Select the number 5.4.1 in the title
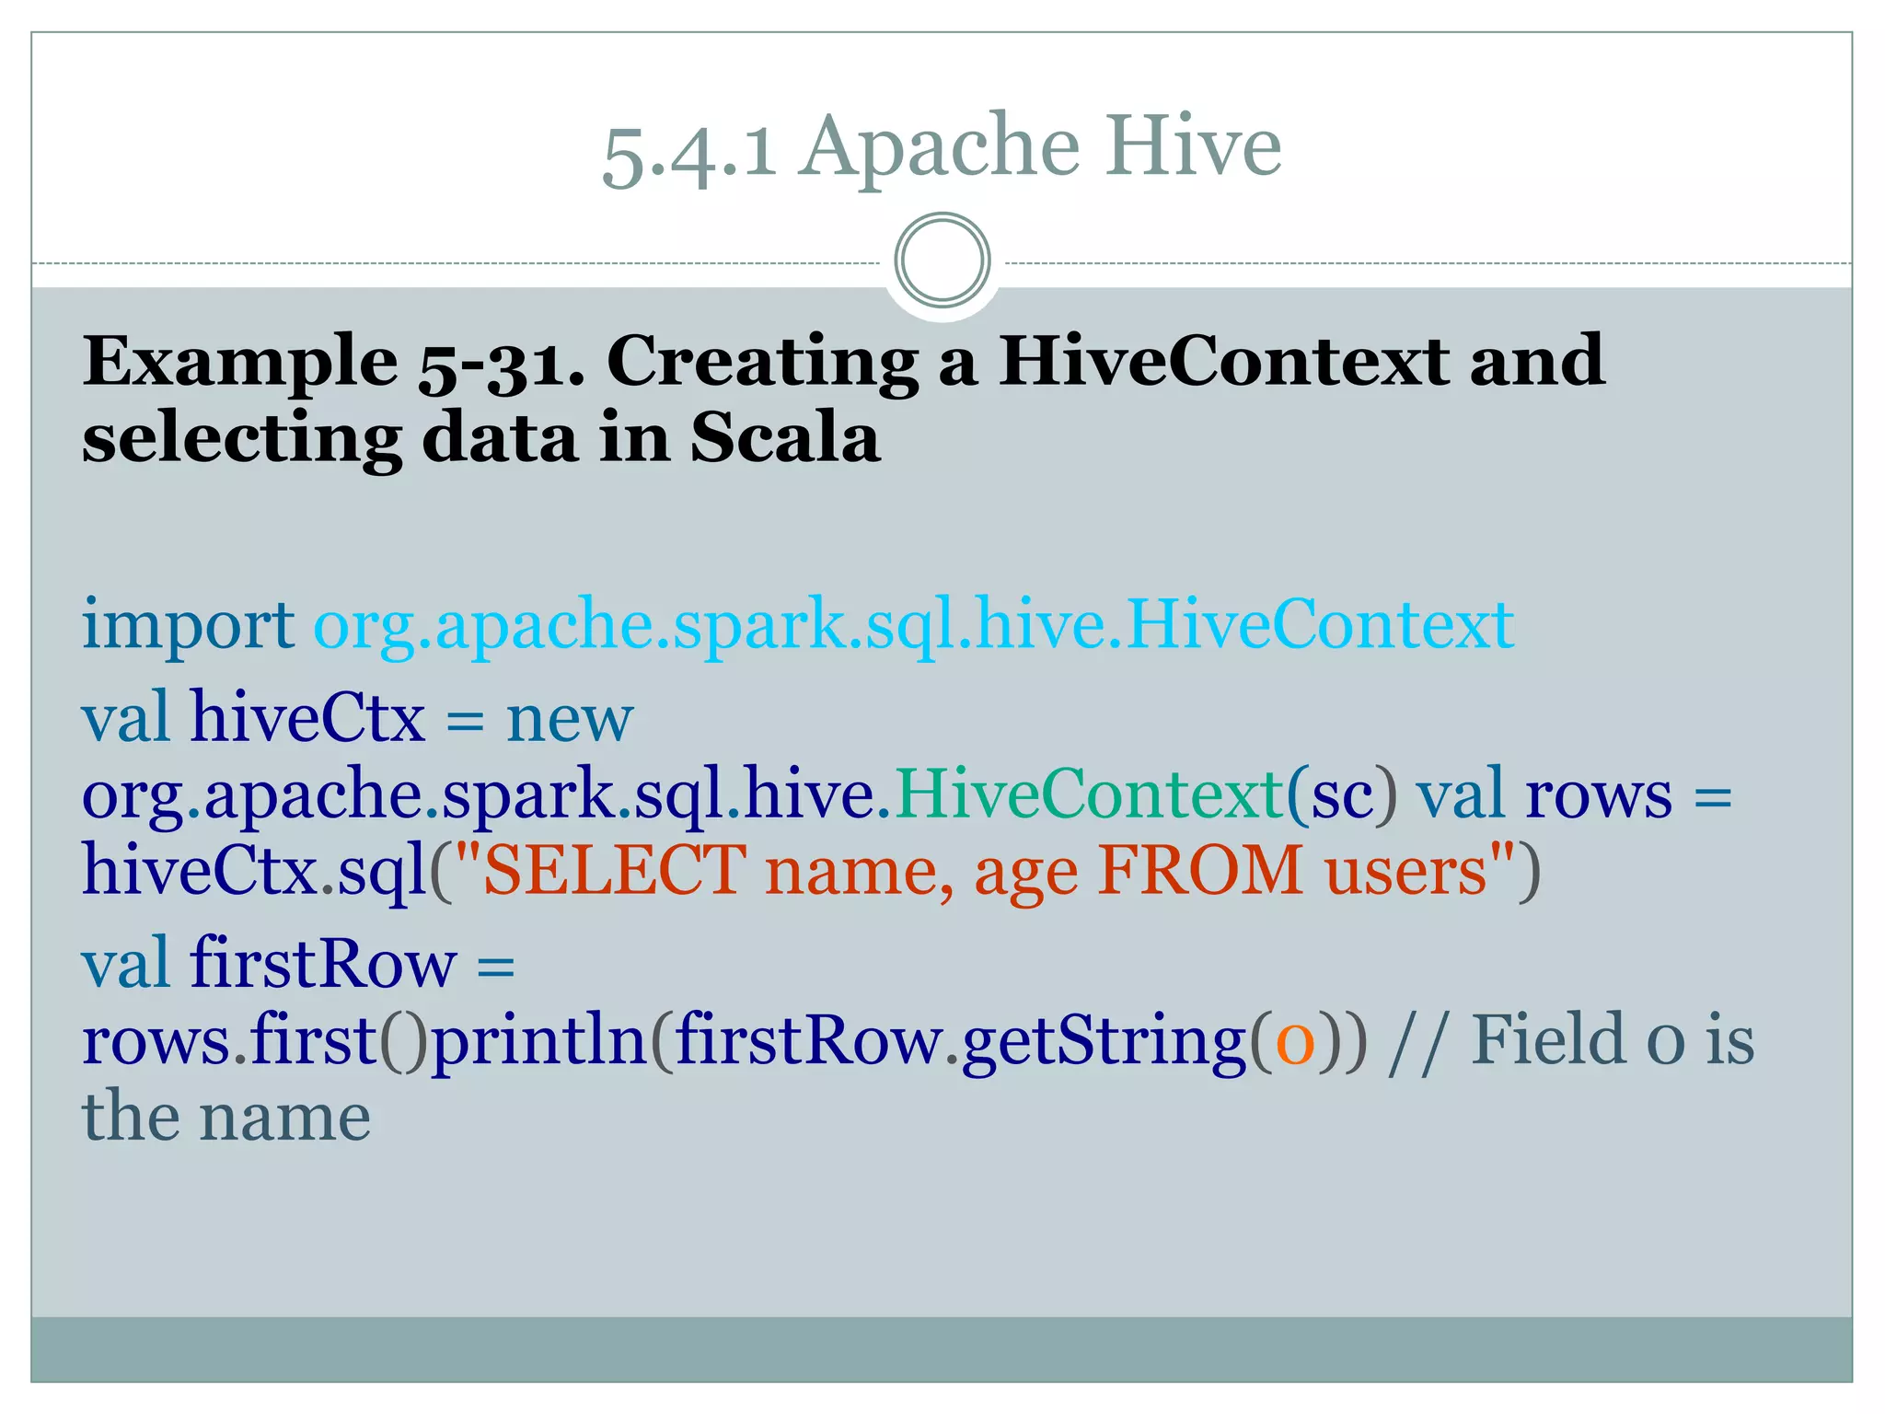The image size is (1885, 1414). click(688, 152)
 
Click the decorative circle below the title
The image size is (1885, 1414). click(942, 261)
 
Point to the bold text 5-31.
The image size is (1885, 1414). click(502, 363)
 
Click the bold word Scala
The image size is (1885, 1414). click(784, 438)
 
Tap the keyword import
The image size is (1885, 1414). click(188, 626)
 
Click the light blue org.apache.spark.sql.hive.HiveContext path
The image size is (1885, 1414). click(913, 626)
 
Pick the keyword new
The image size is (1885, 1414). click(570, 719)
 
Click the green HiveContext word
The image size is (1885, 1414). click(1090, 794)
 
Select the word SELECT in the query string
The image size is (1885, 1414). click(614, 871)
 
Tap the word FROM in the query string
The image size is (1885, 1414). click(1199, 871)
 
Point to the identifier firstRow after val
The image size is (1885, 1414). click(323, 964)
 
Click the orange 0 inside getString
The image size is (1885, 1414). click(1295, 1041)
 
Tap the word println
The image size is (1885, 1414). click(540, 1041)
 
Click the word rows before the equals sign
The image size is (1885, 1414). click(1598, 794)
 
